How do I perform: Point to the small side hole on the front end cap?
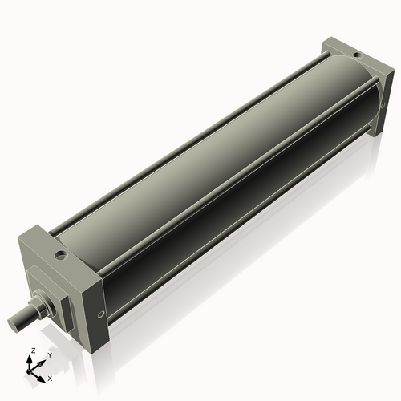[99, 315]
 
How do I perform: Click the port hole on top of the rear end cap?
[354, 54]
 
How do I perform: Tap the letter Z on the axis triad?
[31, 351]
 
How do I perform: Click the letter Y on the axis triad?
[50, 354]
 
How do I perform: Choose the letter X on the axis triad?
[51, 377]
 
